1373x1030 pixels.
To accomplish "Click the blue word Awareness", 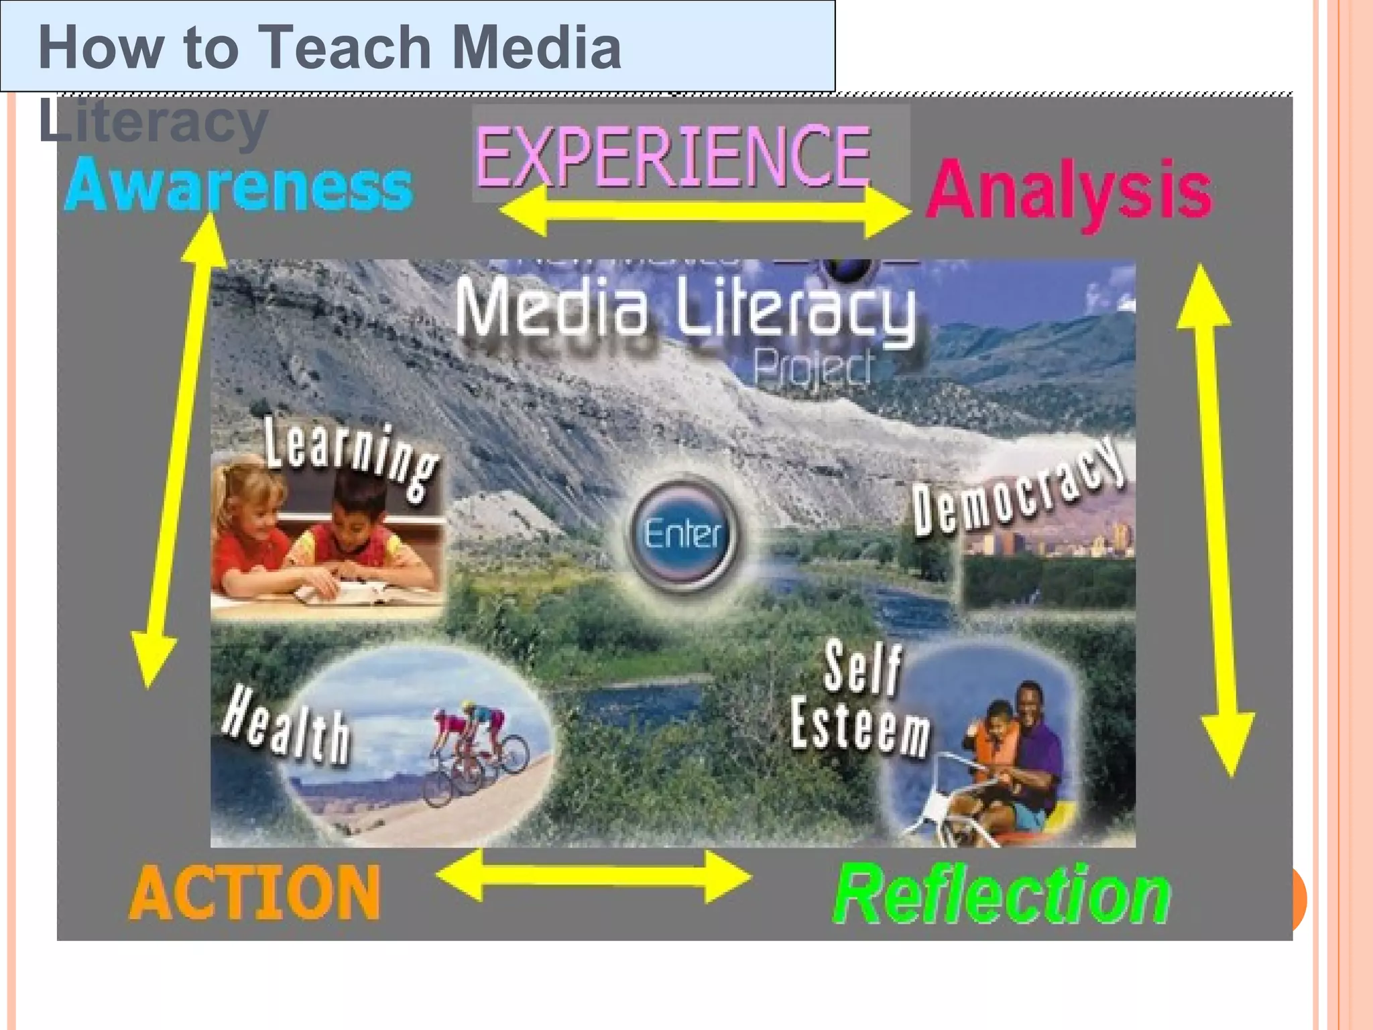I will pos(239,185).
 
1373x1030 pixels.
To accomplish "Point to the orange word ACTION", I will pos(255,893).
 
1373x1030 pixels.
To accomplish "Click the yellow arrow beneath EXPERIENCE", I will pos(704,211).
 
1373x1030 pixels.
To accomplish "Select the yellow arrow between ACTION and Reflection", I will pos(594,876).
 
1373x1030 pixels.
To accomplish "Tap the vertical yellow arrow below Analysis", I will pos(1215,520).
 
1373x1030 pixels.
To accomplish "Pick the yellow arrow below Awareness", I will pos(178,449).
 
